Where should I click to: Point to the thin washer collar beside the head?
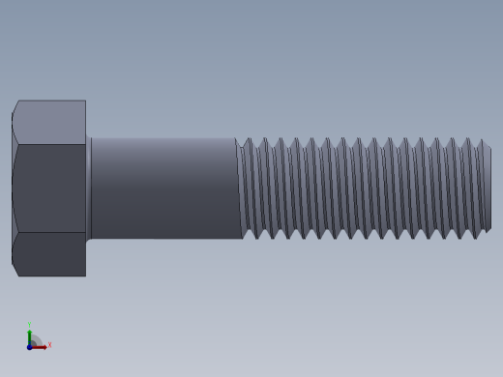pos(89,188)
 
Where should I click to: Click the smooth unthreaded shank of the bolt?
pos(164,188)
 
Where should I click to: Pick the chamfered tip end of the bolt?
pos(487,188)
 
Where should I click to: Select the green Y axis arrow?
pos(30,333)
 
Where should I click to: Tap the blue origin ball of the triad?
pos(30,346)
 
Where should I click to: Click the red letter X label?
pos(49,344)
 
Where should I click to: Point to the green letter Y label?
pos(30,325)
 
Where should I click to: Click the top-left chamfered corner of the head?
pos(15,107)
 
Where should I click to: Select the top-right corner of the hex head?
pos(85,101)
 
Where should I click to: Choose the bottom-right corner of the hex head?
pos(85,275)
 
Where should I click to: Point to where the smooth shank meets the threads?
pos(239,188)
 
